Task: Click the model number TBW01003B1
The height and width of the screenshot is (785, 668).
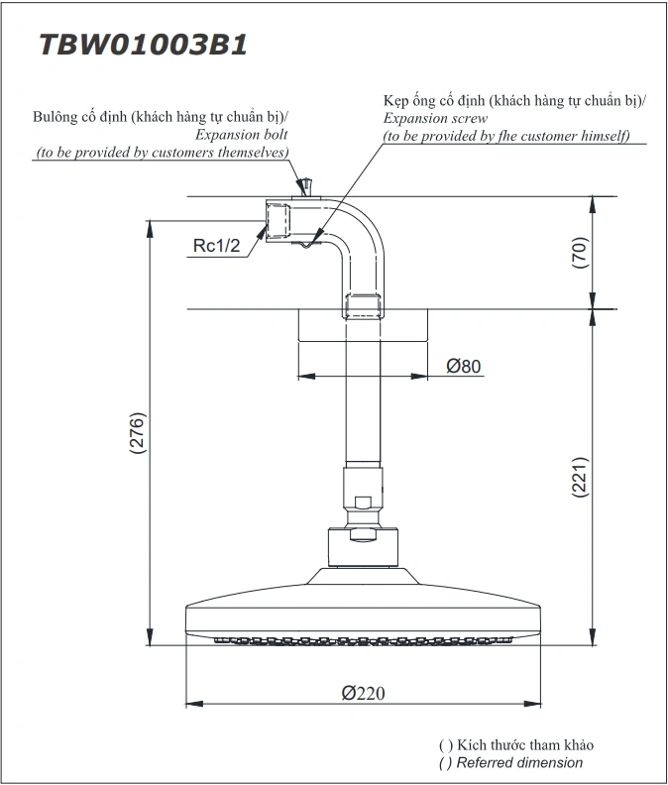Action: coord(142,46)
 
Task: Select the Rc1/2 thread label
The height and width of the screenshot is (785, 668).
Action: coord(216,247)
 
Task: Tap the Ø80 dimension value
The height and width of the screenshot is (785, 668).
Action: coord(464,367)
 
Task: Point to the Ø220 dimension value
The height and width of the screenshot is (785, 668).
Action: coord(364,693)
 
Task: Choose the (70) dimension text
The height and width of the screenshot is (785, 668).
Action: coord(581,254)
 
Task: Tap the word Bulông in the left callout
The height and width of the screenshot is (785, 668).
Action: coord(55,117)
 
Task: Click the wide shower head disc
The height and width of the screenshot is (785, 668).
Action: coord(363,614)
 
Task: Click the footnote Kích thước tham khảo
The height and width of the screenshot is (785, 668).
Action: coord(524,744)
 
